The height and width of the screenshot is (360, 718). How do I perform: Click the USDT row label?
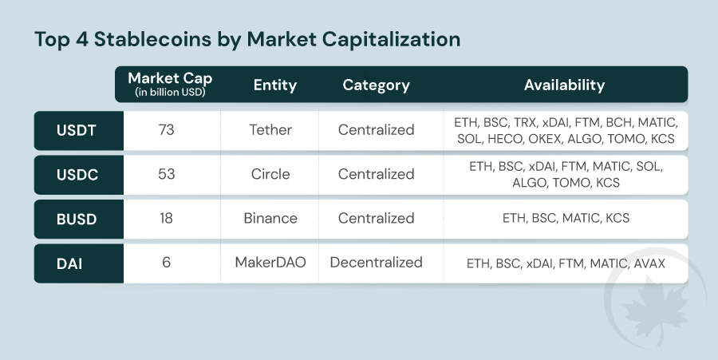(x=77, y=131)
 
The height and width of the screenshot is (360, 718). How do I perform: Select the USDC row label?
(x=77, y=175)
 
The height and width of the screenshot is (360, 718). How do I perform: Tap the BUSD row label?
(x=77, y=219)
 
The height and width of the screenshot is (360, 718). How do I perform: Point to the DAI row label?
(x=69, y=263)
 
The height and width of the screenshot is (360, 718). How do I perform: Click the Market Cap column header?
(x=170, y=85)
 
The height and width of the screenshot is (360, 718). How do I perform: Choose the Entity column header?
(x=275, y=85)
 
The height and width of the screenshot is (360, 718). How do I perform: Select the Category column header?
(x=376, y=85)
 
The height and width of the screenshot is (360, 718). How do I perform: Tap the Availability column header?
(x=565, y=85)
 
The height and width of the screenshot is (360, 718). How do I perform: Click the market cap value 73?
(x=166, y=129)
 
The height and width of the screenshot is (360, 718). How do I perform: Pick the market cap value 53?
(x=166, y=174)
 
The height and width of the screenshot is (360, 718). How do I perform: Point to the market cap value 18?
(x=166, y=218)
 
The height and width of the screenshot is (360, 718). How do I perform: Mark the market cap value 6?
(x=166, y=262)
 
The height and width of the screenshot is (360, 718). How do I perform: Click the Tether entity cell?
(x=270, y=129)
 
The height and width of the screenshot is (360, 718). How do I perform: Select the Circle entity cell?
(x=270, y=174)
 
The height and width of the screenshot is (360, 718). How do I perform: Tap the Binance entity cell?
(x=270, y=218)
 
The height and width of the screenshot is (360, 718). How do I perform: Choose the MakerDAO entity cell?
(x=270, y=262)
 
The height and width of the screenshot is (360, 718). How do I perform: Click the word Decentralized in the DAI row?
(x=376, y=262)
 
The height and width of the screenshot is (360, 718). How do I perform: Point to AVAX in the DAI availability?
(x=649, y=263)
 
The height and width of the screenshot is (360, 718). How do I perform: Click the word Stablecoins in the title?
(x=152, y=39)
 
